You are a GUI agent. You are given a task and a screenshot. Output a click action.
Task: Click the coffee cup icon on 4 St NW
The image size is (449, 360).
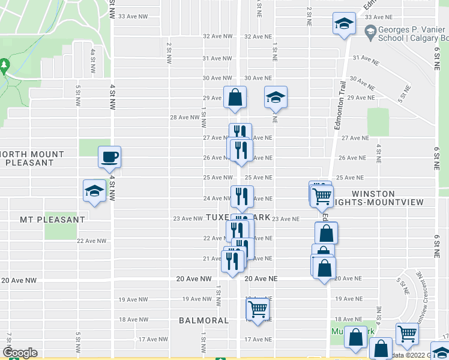point(110,158)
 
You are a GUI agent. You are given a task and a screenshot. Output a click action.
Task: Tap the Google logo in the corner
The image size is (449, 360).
point(20,353)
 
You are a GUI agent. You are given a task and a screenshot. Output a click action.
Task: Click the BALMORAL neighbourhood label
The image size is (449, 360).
point(203,320)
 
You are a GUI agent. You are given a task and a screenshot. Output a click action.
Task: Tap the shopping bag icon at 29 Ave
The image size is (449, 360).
point(235,97)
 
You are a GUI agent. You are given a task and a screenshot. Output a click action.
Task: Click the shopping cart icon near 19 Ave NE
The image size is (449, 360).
point(258,310)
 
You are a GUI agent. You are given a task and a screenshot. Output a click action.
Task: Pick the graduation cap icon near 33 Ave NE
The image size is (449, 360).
point(345,25)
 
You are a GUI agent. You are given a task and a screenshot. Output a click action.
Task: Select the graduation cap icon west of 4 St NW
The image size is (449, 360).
point(94,191)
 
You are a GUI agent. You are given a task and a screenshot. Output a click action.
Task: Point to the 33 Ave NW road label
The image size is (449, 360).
point(133,16)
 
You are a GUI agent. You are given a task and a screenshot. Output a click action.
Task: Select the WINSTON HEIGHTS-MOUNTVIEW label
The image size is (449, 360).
point(381,198)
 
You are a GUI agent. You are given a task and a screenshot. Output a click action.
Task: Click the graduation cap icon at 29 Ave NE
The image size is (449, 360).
point(276,97)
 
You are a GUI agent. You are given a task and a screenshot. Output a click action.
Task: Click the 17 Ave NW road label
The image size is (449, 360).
point(153,340)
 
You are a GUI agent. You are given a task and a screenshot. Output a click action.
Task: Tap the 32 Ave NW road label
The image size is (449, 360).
point(217,36)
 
